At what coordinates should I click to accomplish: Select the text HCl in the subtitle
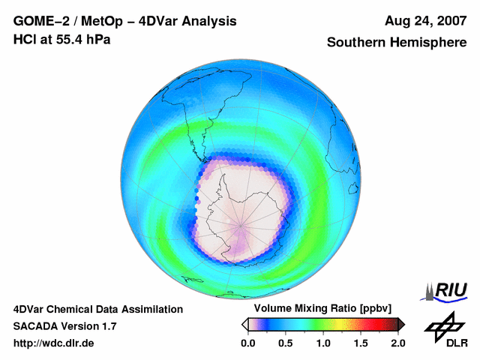pyautogui.click(x=23, y=39)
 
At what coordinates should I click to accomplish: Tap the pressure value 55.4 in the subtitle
pyautogui.click(x=67, y=39)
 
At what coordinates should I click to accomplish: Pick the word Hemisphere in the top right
pyautogui.click(x=427, y=43)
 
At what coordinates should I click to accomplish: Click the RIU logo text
pyautogui.click(x=451, y=289)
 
